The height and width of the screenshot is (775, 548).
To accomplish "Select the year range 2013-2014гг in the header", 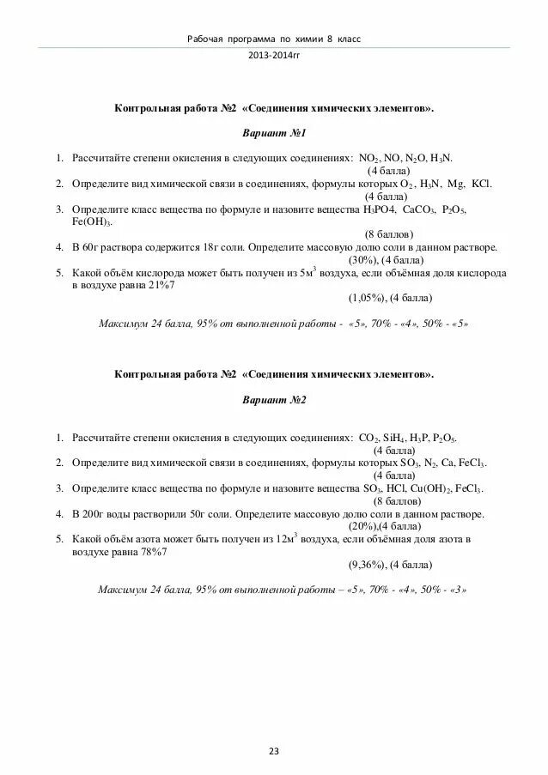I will coord(274,54).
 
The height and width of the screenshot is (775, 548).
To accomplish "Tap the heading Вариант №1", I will coord(274,134).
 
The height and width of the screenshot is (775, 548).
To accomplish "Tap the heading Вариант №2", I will coord(274,400).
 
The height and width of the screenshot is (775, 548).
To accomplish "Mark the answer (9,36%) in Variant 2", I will coord(366,566).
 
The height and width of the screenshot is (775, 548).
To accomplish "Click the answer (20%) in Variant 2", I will coord(362,526).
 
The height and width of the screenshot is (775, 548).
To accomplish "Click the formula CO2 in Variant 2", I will coord(370,438).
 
